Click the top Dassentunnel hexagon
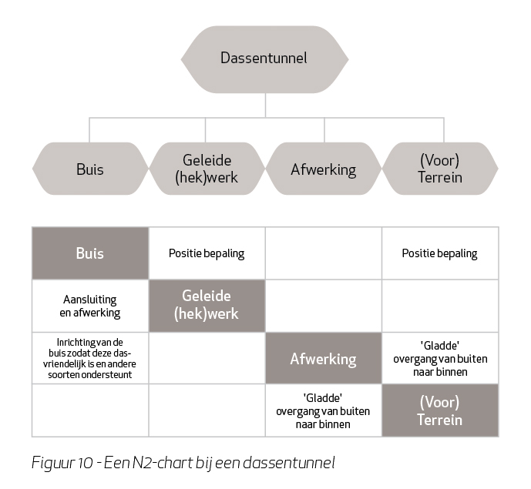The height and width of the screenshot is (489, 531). point(265,59)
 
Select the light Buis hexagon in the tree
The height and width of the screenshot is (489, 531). point(90,169)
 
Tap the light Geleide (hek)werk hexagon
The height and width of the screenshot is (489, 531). point(207,169)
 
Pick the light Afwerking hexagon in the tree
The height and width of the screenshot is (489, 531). point(324,169)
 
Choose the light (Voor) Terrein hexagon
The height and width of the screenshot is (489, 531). point(440,169)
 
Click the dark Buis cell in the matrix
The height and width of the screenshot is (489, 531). point(90,253)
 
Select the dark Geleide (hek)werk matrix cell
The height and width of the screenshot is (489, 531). point(207,306)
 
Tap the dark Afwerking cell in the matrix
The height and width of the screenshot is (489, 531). point(324,358)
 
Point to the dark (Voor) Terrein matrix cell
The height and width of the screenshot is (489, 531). point(440,410)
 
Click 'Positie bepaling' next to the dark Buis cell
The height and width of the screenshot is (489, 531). point(207,253)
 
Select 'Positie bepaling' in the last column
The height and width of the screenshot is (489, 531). point(439,253)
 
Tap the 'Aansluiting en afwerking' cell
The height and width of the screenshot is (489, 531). point(90,306)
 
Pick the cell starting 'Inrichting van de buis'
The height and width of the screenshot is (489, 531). point(89,358)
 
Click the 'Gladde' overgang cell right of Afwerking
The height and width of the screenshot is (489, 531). point(440,359)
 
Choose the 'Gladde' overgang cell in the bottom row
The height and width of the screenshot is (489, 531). point(323,411)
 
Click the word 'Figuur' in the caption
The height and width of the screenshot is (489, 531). point(52,463)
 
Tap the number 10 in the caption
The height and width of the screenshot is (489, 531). point(85,463)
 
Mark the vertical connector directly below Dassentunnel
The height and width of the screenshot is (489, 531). point(265,106)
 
